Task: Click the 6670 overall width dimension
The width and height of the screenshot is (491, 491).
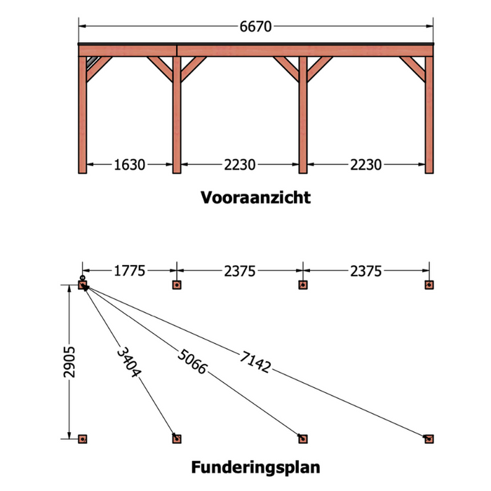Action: [255, 27]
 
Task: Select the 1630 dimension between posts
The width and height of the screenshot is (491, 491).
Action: [129, 165]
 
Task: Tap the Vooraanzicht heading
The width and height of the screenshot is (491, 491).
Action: [255, 198]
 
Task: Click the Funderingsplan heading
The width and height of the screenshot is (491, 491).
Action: [255, 467]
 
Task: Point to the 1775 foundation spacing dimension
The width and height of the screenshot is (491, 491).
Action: [129, 271]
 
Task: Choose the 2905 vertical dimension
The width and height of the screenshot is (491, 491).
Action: [69, 362]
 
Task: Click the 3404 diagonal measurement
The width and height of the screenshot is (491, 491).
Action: [128, 362]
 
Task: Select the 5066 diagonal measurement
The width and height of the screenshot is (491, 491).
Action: [192, 362]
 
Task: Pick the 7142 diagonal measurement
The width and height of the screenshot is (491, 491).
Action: [255, 363]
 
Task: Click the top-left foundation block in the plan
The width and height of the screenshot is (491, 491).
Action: [82, 285]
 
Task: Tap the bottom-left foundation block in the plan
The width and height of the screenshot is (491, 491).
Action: [82, 439]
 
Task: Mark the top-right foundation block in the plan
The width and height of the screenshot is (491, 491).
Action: [429, 285]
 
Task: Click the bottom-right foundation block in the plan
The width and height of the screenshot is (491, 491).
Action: [429, 439]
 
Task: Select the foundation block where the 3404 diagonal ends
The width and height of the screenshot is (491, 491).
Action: [177, 439]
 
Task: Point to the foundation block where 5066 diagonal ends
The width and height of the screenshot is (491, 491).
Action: [303, 439]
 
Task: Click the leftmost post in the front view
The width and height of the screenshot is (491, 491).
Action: [82, 115]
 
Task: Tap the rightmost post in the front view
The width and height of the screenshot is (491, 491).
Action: [429, 115]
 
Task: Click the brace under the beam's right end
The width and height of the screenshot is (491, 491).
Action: [412, 69]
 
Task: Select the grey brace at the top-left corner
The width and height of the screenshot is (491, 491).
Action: [93, 64]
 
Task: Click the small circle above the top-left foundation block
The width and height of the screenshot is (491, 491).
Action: [82, 278]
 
